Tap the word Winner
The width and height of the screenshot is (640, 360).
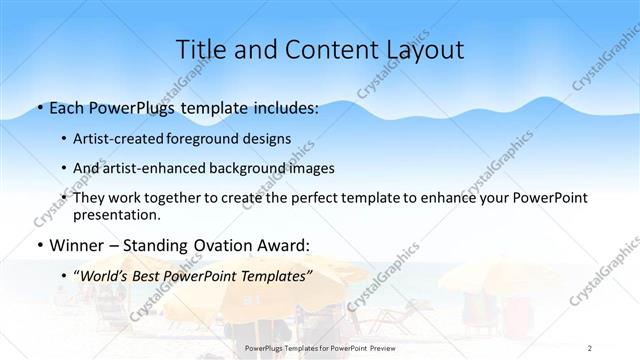click(x=76, y=245)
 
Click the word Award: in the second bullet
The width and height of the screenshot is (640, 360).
click(x=286, y=245)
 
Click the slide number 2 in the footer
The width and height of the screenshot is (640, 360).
click(x=590, y=348)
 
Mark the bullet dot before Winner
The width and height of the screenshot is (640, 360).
click(x=39, y=246)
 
